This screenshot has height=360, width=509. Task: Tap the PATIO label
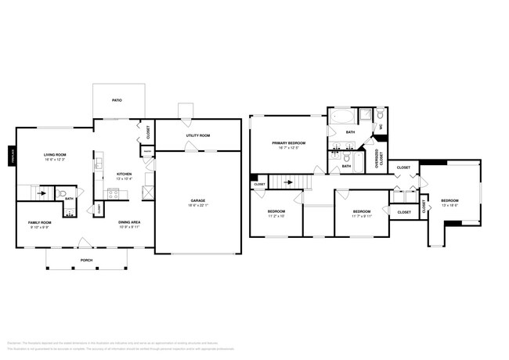click(117, 100)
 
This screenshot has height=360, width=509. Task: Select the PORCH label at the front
click(87, 260)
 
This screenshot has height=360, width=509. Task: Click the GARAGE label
click(197, 200)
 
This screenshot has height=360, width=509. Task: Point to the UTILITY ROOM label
click(197, 135)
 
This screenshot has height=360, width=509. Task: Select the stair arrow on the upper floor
click(288, 183)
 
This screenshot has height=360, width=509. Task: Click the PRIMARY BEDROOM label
click(288, 143)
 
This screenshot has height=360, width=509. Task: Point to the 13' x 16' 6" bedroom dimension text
click(450, 206)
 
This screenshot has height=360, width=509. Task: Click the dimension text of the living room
click(55, 160)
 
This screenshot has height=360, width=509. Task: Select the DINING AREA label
click(129, 222)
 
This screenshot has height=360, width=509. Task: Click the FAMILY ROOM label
click(40, 222)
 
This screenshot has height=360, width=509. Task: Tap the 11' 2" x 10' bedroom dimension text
click(276, 217)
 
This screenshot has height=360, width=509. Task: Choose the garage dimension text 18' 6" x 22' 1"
click(197, 206)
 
